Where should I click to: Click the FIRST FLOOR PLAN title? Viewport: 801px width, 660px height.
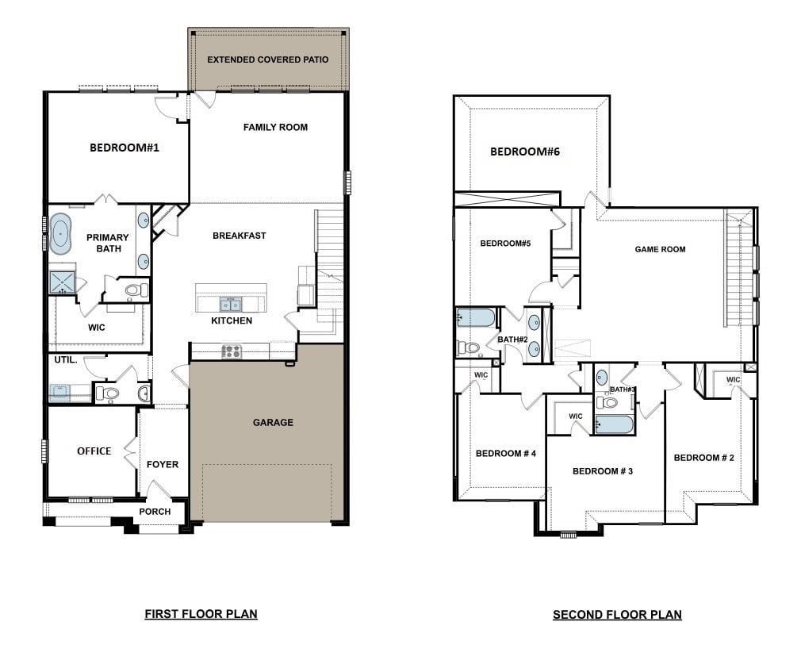click(201, 613)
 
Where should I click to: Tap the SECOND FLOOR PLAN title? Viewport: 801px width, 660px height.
click(617, 614)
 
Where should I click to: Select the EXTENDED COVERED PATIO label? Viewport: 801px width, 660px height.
click(267, 59)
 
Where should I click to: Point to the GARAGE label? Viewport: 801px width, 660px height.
click(273, 423)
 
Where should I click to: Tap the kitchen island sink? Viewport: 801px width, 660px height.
click(231, 304)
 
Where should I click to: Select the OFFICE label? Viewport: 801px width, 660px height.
click(94, 451)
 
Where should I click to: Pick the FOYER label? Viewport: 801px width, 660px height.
click(163, 464)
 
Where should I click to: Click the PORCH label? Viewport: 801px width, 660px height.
click(155, 512)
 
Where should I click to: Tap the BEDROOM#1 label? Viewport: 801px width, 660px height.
click(125, 147)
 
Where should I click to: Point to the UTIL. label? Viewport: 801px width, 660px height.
click(65, 360)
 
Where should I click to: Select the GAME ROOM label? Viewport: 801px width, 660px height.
click(660, 249)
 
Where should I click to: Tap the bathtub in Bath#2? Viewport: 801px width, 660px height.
click(475, 318)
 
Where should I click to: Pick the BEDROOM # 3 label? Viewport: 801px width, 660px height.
click(602, 471)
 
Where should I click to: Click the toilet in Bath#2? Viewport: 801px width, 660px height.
click(469, 347)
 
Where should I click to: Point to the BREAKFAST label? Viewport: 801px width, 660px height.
click(239, 236)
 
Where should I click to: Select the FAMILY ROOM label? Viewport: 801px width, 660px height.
click(275, 127)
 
